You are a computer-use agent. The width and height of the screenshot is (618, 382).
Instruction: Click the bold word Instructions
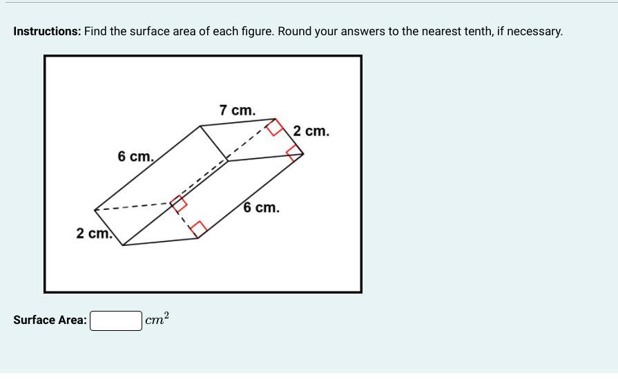(x=47, y=31)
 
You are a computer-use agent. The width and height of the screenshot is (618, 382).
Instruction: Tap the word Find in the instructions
(x=95, y=31)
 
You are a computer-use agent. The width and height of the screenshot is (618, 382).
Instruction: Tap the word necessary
(x=535, y=32)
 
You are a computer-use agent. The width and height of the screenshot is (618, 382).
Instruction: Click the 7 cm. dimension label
(x=238, y=110)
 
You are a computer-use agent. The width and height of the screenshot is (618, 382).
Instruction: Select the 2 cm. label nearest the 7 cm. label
(x=311, y=131)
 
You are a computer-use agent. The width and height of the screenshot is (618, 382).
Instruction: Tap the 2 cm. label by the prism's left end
(x=94, y=233)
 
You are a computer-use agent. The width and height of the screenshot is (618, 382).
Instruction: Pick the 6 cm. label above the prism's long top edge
(x=135, y=156)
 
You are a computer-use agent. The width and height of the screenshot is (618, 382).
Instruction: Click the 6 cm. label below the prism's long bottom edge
(x=261, y=207)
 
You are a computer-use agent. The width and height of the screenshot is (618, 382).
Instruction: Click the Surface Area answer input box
(x=116, y=321)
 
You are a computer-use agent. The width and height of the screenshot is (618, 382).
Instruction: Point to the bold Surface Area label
(x=50, y=320)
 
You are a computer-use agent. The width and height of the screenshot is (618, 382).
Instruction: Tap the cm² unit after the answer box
(x=157, y=319)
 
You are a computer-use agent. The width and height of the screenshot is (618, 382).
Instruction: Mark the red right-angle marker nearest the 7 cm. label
(x=275, y=127)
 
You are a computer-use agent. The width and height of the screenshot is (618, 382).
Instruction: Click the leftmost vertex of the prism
(x=95, y=210)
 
